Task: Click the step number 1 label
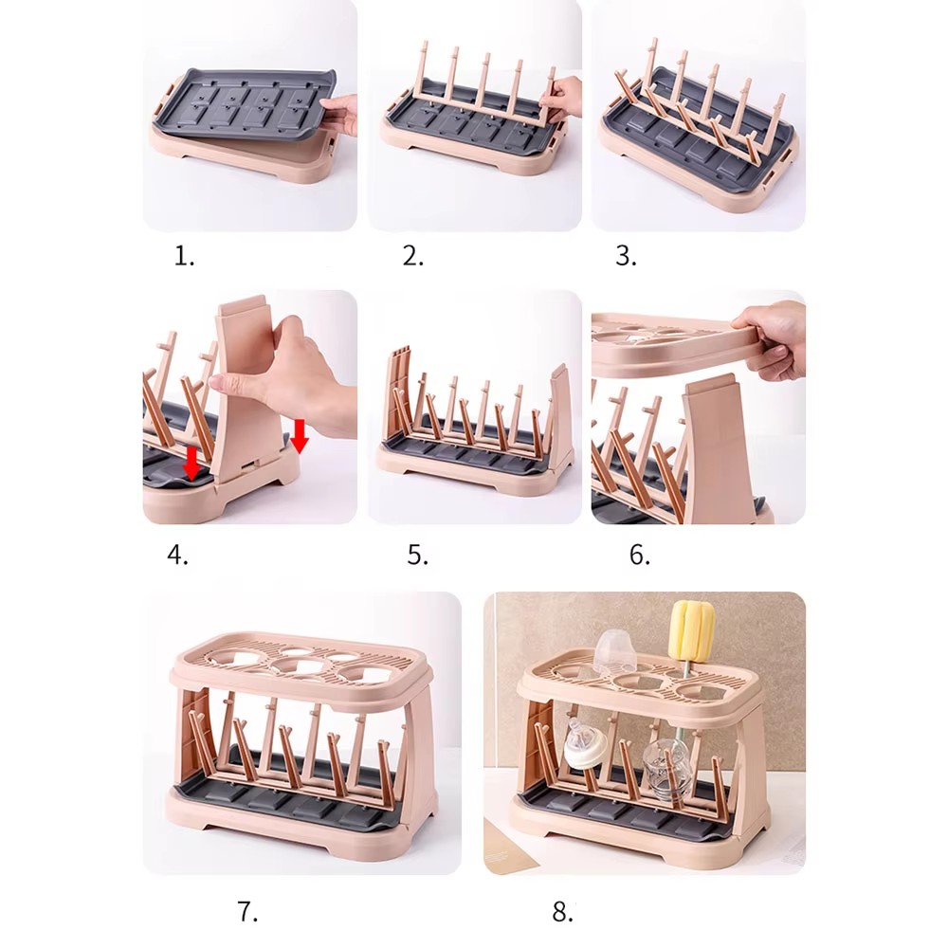pos(185,257)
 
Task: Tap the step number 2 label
pos(413,257)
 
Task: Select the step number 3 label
pos(626,257)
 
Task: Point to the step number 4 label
pos(178,555)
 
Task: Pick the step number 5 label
pos(417,555)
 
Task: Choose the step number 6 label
pos(640,555)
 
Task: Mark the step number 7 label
pos(247,912)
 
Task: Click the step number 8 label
pos(563,912)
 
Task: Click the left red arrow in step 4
pos(191,465)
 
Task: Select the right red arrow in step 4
pos(300,436)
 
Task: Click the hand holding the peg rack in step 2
pos(564,94)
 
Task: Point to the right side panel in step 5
pos(560,417)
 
